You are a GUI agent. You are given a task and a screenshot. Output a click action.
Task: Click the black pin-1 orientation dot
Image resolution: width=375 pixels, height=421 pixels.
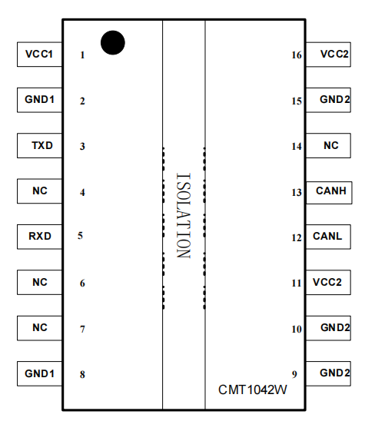113,43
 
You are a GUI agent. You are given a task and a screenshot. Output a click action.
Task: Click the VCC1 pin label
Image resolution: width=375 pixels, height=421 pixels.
39,55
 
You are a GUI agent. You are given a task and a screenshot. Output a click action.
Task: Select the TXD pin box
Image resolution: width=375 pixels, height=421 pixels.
40,145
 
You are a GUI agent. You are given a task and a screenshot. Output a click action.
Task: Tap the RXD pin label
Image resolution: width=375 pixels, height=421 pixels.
40,237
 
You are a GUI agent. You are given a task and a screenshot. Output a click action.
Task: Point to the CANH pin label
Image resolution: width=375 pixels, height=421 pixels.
331,191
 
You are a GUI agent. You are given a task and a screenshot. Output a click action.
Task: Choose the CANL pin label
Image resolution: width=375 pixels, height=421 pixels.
327,237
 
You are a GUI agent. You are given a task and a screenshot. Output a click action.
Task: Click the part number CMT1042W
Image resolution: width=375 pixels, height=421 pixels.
253,390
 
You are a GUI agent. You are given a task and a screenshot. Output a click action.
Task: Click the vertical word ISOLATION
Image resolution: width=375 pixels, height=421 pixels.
184,216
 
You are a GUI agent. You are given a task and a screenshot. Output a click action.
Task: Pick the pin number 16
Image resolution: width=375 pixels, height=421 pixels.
297,55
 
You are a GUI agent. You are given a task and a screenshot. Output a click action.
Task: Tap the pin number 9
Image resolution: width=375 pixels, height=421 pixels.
294,374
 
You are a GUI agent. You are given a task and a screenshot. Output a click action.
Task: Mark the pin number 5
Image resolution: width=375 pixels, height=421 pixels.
80,236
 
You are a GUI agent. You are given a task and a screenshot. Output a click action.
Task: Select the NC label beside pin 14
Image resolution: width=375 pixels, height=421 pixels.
331,145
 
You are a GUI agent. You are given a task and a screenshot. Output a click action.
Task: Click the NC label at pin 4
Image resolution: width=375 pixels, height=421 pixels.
40,191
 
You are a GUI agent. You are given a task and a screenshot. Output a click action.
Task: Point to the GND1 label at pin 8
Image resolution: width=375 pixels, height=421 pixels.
39,373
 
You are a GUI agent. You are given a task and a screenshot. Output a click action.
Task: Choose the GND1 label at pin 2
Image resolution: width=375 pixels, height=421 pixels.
39,100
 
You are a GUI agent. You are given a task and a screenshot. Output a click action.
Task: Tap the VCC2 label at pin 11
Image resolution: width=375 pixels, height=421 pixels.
327,282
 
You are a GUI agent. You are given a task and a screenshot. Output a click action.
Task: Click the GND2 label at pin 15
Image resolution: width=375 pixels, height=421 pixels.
335,100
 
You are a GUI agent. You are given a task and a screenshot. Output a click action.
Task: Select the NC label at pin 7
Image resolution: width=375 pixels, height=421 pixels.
40,327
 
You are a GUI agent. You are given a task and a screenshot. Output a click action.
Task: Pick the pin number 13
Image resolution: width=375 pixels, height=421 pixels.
297,193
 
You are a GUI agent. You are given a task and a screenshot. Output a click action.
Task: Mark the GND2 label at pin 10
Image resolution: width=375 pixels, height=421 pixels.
335,327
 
